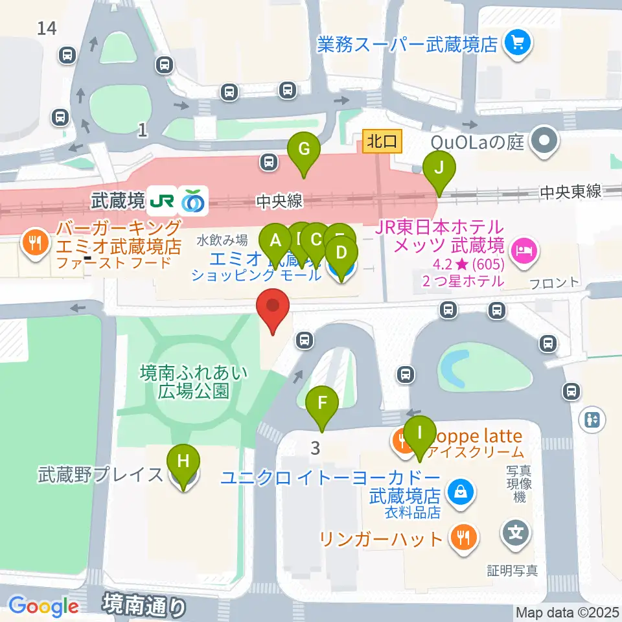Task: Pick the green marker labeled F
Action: pos(322,405)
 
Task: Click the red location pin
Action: pos(273,308)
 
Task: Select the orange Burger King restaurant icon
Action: pos(33,244)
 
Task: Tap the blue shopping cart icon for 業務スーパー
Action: pos(518,44)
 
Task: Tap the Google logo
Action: pos(43,606)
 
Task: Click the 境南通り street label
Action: pos(144,606)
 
